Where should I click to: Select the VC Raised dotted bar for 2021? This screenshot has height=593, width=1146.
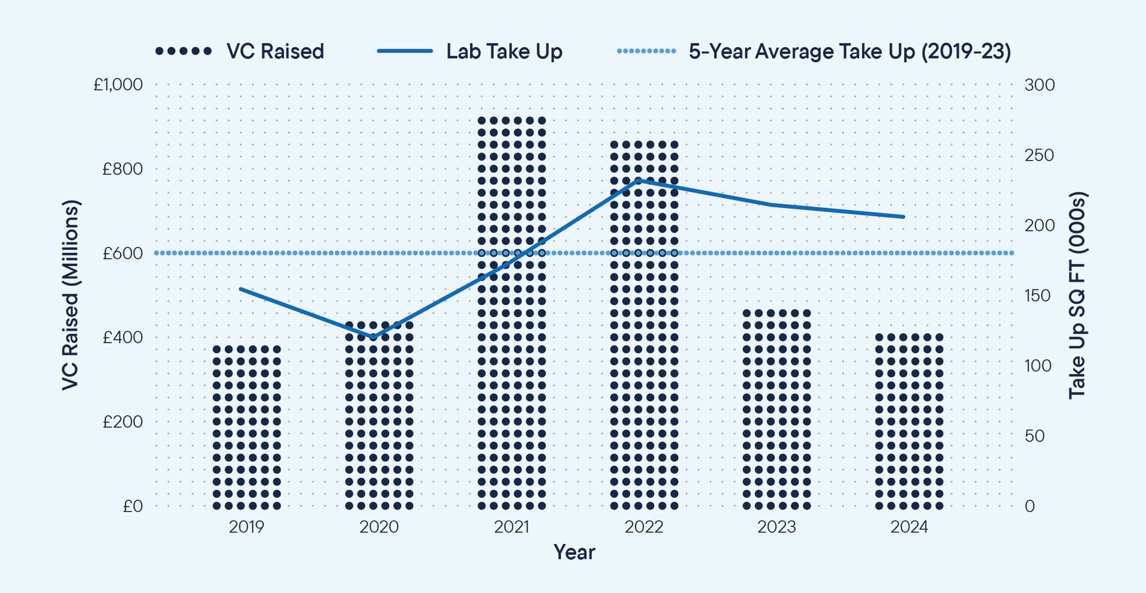[512, 313]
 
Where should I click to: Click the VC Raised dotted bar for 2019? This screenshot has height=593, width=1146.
[247, 426]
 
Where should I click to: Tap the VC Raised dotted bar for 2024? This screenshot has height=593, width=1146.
[909, 420]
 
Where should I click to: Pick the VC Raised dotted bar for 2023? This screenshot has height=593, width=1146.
[777, 408]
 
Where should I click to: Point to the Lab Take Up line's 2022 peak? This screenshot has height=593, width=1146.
[639, 180]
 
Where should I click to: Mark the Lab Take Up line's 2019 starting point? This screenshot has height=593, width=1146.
[241, 289]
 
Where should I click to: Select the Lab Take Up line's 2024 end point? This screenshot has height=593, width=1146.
[904, 217]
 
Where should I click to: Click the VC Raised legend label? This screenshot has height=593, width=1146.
[275, 51]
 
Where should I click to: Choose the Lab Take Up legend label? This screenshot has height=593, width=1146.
[504, 51]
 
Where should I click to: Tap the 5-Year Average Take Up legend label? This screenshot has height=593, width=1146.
[849, 51]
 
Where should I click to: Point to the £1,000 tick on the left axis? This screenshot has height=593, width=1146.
[118, 85]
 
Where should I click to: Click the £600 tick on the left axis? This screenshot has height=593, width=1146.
[122, 254]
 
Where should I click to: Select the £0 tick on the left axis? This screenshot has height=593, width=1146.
[133, 506]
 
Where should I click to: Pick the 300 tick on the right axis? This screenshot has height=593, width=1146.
[1039, 85]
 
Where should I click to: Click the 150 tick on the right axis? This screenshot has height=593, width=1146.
[1037, 295]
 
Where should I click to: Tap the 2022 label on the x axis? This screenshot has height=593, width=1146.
[644, 527]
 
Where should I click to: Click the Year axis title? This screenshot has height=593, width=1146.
[574, 552]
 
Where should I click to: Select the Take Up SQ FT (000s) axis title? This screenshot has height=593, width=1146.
[1076, 295]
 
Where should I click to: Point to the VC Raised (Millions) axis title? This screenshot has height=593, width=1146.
[70, 295]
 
